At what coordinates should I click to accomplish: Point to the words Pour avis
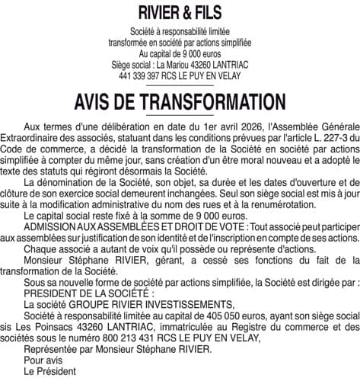click(43, 360)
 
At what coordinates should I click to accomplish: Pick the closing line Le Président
click(50, 371)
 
